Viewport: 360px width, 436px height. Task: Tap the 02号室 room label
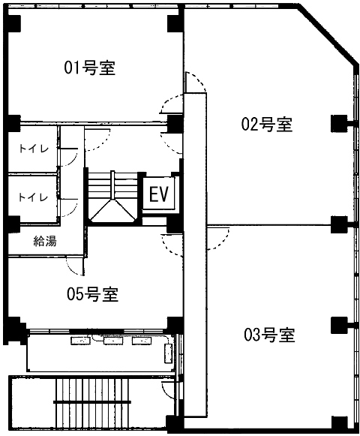point(266,125)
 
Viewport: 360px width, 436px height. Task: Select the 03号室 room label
point(268,334)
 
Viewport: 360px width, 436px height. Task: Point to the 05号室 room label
point(94,294)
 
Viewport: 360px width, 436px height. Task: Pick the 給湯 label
point(44,241)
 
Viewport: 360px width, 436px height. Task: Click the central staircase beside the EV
point(112,197)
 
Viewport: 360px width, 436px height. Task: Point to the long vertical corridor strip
point(195,255)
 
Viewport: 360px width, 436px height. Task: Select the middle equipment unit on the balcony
point(112,341)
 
